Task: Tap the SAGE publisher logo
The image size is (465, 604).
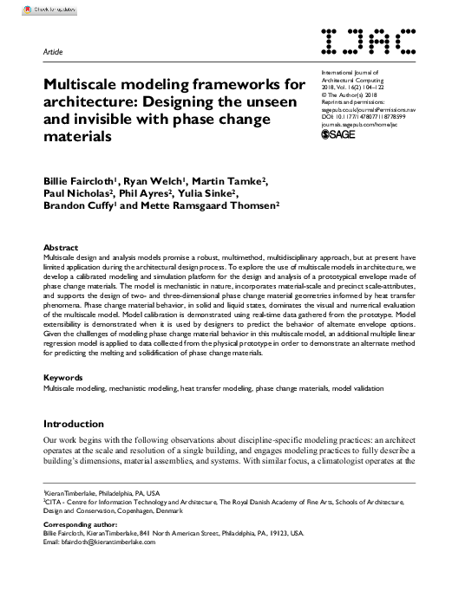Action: [x=338, y=133]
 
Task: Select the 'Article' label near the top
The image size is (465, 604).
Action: [x=54, y=51]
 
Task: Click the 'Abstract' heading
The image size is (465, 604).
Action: [x=61, y=247]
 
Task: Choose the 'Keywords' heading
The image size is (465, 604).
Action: [x=63, y=378]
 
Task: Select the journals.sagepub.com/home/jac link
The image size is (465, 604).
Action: [x=363, y=123]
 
